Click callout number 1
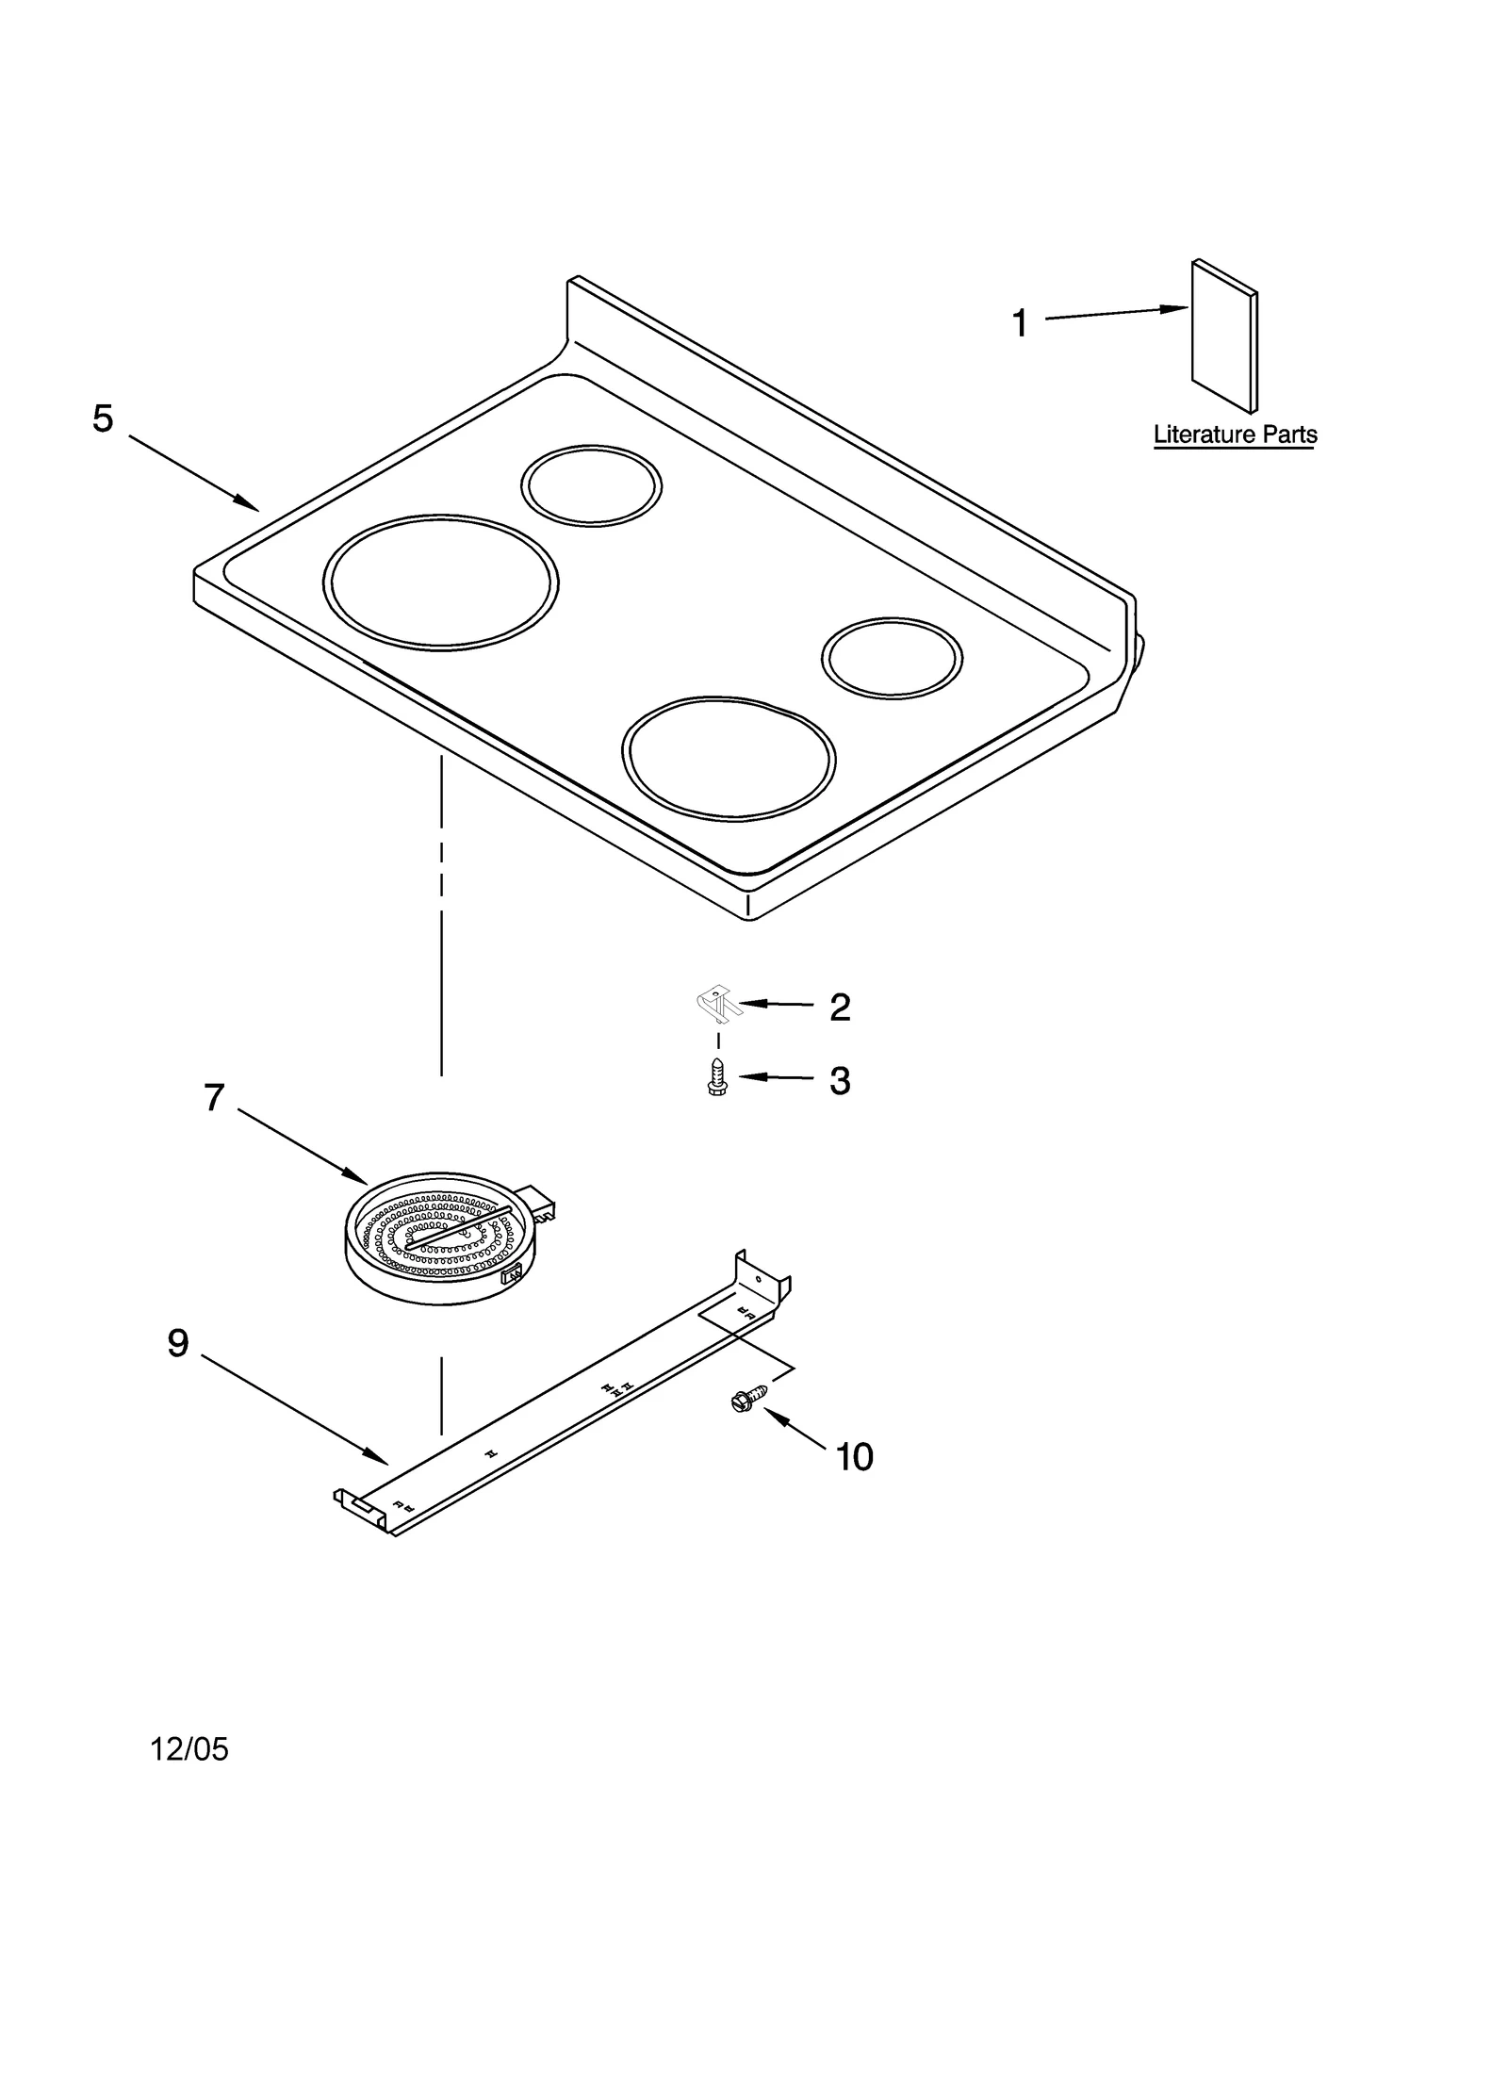click(x=1019, y=323)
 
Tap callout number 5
click(x=103, y=418)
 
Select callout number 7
click(x=214, y=1097)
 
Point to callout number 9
click(x=178, y=1343)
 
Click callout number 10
click(x=854, y=1457)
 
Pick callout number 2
click(x=840, y=1008)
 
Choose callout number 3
click(x=840, y=1081)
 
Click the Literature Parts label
click(x=1235, y=434)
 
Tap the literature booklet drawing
click(x=1222, y=337)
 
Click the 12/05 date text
click(x=189, y=1749)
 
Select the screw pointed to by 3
click(x=717, y=1075)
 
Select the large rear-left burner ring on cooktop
click(x=440, y=582)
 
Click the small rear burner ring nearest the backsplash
click(x=591, y=485)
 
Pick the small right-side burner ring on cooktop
click(x=892, y=658)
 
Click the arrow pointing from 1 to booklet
click(x=1117, y=314)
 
